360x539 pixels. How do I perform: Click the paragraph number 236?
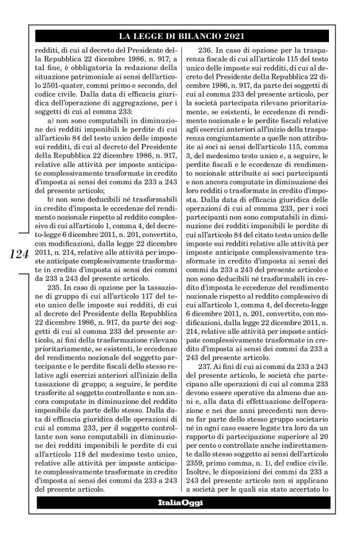pos(207,50)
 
